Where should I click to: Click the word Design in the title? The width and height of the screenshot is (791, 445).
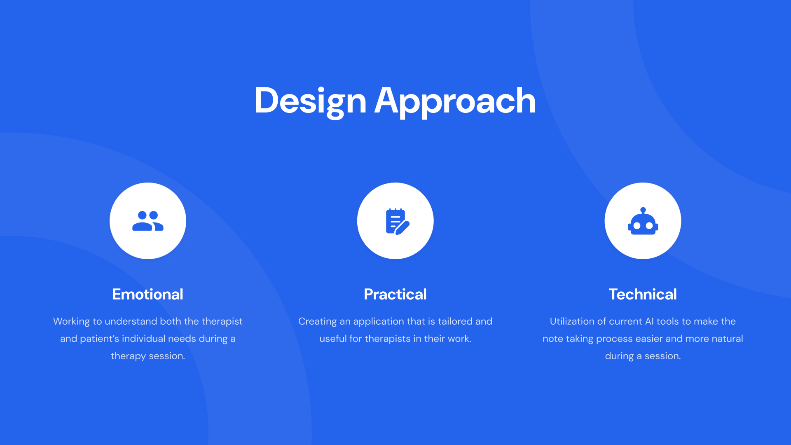(x=310, y=101)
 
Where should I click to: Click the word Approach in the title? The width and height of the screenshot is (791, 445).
(x=455, y=101)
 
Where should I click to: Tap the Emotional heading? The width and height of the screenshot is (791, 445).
(x=147, y=294)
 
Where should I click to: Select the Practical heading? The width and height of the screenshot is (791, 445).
(x=395, y=294)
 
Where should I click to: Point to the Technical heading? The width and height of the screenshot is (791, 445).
(x=643, y=294)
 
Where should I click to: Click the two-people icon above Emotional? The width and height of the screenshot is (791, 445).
(x=148, y=221)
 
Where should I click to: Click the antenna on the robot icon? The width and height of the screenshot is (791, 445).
(x=643, y=211)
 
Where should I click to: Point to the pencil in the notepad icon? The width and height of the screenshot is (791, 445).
(x=403, y=228)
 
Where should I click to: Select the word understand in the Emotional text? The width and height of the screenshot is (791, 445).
(x=131, y=321)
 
